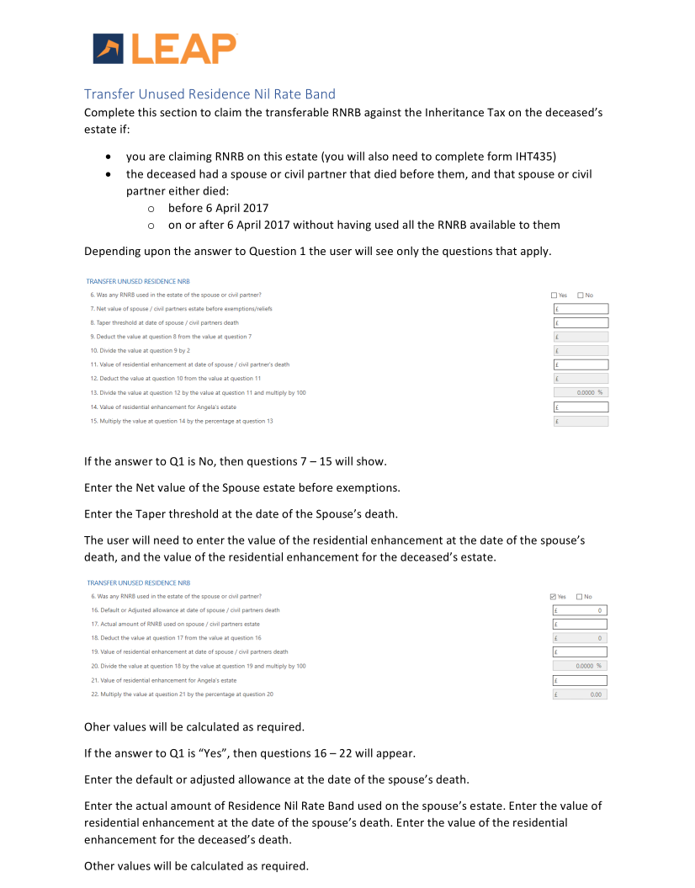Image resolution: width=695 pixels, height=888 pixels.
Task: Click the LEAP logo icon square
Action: click(x=109, y=48)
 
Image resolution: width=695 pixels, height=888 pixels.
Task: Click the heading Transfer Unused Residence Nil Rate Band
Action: click(x=210, y=93)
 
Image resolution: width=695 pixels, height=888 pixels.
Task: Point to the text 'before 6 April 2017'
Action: click(x=218, y=208)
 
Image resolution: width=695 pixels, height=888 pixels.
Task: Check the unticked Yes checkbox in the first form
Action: click(x=554, y=295)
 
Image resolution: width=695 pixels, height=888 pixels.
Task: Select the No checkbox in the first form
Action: click(x=581, y=295)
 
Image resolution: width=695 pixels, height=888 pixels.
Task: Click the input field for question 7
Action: click(x=581, y=309)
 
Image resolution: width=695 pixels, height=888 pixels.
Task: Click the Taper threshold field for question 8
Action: click(x=581, y=322)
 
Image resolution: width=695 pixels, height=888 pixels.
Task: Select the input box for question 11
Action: click(x=581, y=364)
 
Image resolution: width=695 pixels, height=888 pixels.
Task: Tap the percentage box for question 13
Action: click(x=581, y=392)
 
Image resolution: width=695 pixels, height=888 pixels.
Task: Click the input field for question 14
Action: click(x=581, y=407)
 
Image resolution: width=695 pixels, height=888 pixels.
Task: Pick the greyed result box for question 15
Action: click(x=581, y=421)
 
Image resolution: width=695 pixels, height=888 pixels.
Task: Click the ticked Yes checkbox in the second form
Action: click(x=554, y=597)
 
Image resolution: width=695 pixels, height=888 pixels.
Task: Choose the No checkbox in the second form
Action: click(x=581, y=597)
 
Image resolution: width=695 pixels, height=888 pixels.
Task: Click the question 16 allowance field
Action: click(x=580, y=610)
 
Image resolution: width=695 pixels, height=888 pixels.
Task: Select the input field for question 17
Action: click(x=580, y=624)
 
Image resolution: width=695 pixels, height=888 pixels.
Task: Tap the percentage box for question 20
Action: click(x=580, y=666)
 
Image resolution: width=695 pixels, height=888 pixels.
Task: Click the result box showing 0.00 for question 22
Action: click(x=580, y=694)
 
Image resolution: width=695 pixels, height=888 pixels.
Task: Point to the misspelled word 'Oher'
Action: click(x=98, y=726)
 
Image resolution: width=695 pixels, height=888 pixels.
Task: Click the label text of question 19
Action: click(x=189, y=651)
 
